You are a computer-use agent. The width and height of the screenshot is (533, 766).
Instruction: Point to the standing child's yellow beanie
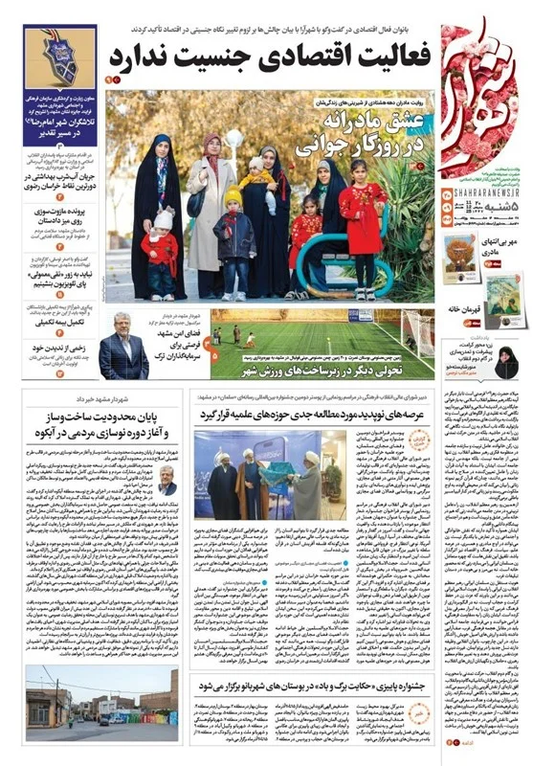(233, 196)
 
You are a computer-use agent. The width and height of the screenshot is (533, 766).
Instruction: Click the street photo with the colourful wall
(101, 695)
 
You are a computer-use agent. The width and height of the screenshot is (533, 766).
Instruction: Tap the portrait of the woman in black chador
(504, 364)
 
